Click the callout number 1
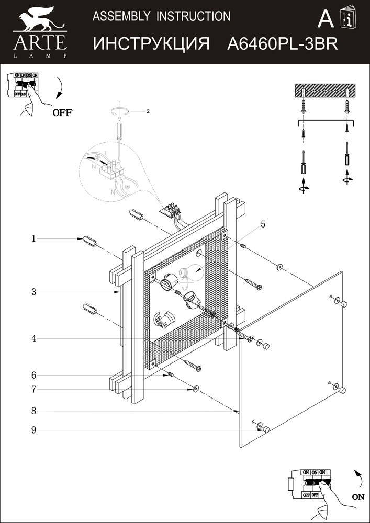coord(33,239)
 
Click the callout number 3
coord(33,292)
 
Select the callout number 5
coord(263,224)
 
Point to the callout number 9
coord(33,430)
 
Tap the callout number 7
coord(33,389)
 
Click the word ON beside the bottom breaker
coord(358,497)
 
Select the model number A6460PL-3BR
coord(283,44)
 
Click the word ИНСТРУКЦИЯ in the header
coord(152,44)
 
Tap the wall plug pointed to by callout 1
coord(90,242)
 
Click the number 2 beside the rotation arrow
coord(148,111)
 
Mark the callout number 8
coord(33,411)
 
